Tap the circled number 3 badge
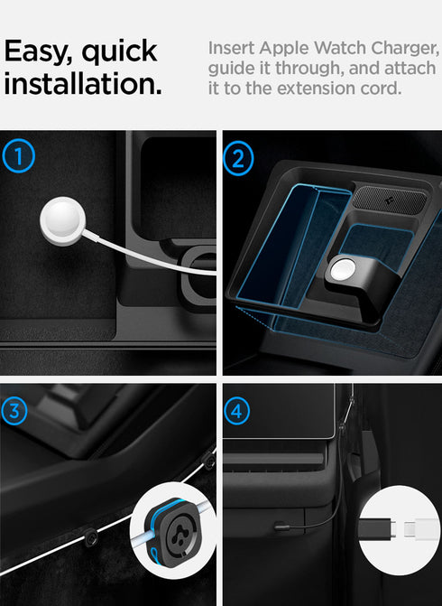coord(16,410)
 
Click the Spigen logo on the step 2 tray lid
coord(385,196)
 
